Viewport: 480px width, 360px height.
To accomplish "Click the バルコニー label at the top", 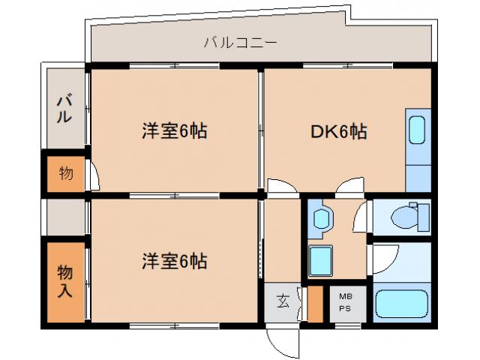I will pyautogui.click(x=240, y=43).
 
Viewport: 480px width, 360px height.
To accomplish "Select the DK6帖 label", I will pyautogui.click(x=339, y=132).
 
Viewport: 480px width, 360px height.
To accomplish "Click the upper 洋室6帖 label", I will pyautogui.click(x=174, y=131).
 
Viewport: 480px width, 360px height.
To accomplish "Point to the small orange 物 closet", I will pyautogui.click(x=66, y=174).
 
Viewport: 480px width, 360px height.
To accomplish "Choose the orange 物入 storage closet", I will pyautogui.click(x=65, y=280).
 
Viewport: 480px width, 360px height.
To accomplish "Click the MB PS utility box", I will pyautogui.click(x=346, y=302).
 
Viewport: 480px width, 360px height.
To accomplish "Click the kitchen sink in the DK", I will pyautogui.click(x=418, y=130).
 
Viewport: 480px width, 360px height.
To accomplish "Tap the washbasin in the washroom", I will pyautogui.click(x=322, y=217).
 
